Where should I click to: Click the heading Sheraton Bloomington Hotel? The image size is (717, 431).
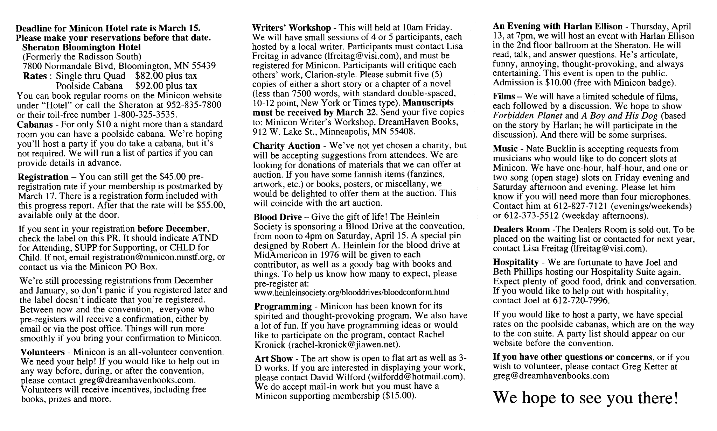[81, 47]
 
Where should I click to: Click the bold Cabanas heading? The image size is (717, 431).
[35, 125]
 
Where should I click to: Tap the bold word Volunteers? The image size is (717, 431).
[43, 352]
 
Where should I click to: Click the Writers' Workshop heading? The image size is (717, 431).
[291, 28]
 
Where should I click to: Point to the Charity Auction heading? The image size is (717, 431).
[287, 146]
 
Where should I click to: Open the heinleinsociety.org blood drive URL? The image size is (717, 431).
[351, 292]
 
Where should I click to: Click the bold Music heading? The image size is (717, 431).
[505, 149]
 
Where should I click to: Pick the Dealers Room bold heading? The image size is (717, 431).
[521, 229]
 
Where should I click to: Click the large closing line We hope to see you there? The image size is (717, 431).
[585, 397]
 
